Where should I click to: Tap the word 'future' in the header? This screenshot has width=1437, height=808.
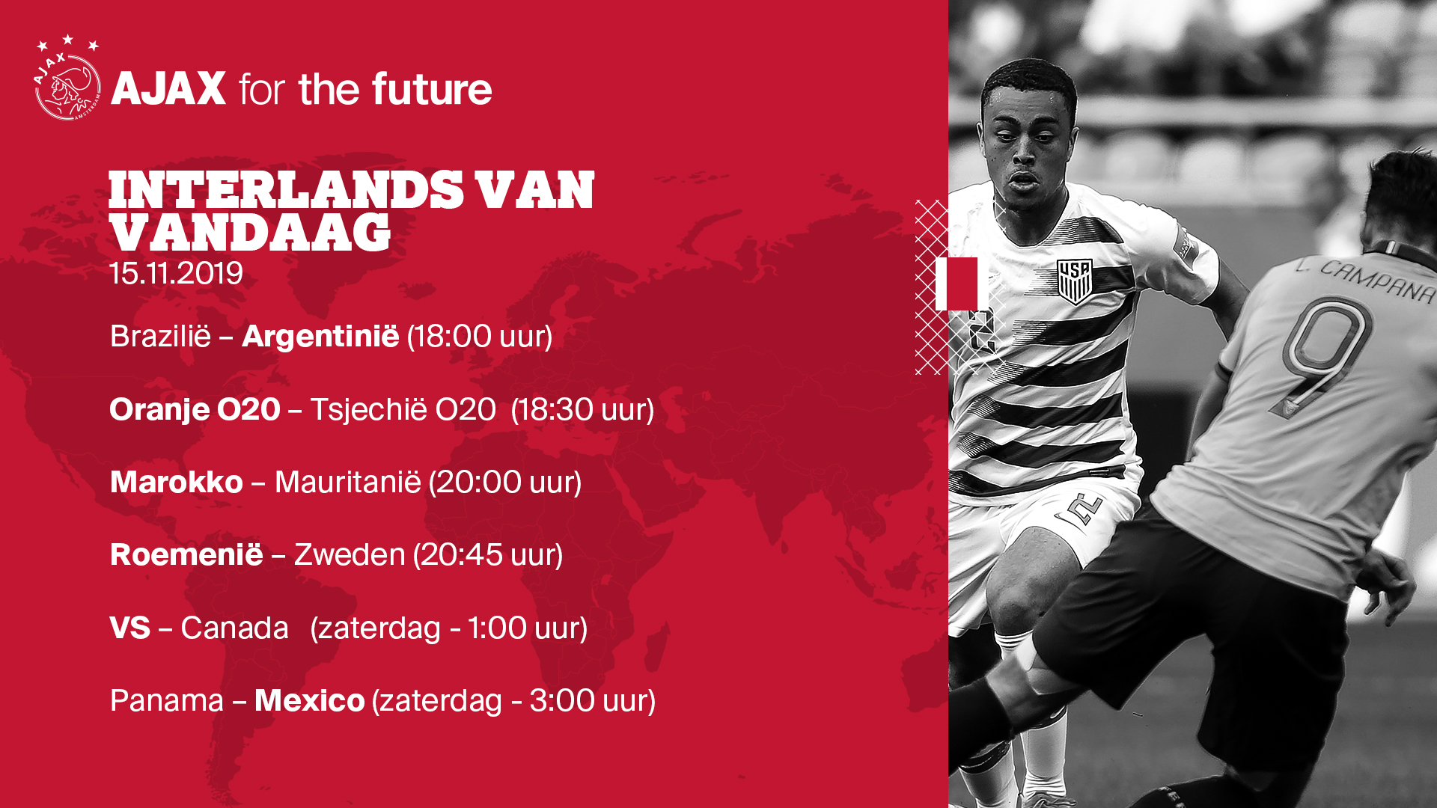[432, 89]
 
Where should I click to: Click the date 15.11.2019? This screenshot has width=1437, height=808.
[176, 274]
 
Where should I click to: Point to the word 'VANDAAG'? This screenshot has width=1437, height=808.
[250, 232]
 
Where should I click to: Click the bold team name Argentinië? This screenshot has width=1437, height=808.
[320, 337]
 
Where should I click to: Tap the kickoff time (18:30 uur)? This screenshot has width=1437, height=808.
[582, 410]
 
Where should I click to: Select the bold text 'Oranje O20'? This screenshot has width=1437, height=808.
[195, 409]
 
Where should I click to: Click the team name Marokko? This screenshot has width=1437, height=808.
[177, 482]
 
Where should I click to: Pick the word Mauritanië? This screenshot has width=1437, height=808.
[348, 482]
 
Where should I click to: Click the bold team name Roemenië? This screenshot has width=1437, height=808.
[186, 554]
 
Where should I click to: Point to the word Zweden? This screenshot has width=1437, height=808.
[350, 555]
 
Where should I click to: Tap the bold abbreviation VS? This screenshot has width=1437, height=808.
[130, 628]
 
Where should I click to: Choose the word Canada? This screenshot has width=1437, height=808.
[234, 628]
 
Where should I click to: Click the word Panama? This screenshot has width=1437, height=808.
[167, 701]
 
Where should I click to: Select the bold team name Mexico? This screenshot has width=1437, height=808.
[310, 701]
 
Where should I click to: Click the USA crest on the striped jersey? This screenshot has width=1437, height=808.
[1075, 281]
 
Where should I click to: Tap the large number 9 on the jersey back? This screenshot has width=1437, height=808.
[1322, 355]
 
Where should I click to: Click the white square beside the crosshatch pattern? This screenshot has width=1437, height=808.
[957, 284]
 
